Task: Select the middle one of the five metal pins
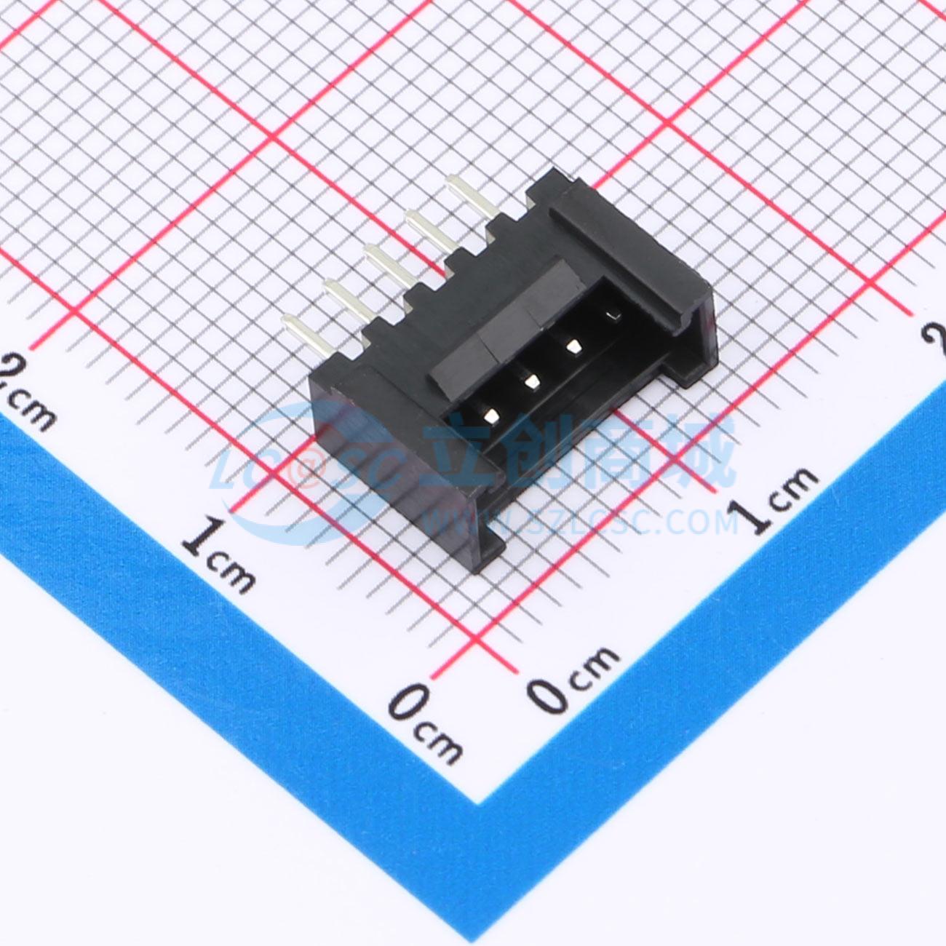tap(388, 264)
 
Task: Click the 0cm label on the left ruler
tap(425, 727)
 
